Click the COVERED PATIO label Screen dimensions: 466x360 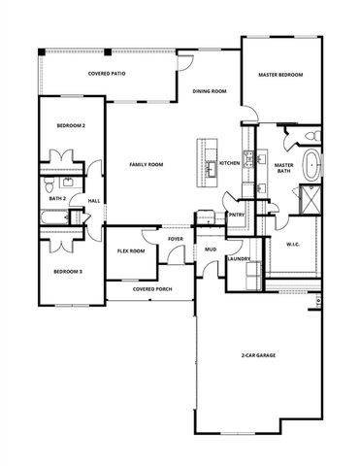108,74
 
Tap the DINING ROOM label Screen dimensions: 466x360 210,91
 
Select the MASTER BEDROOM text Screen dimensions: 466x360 279,75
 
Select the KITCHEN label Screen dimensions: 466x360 230,163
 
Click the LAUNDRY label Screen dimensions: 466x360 239,259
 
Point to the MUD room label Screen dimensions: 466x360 209,250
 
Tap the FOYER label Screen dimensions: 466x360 176,238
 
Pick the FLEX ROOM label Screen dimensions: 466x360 132,250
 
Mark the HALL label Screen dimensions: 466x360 94,201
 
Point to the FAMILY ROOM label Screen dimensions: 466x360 147,164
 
